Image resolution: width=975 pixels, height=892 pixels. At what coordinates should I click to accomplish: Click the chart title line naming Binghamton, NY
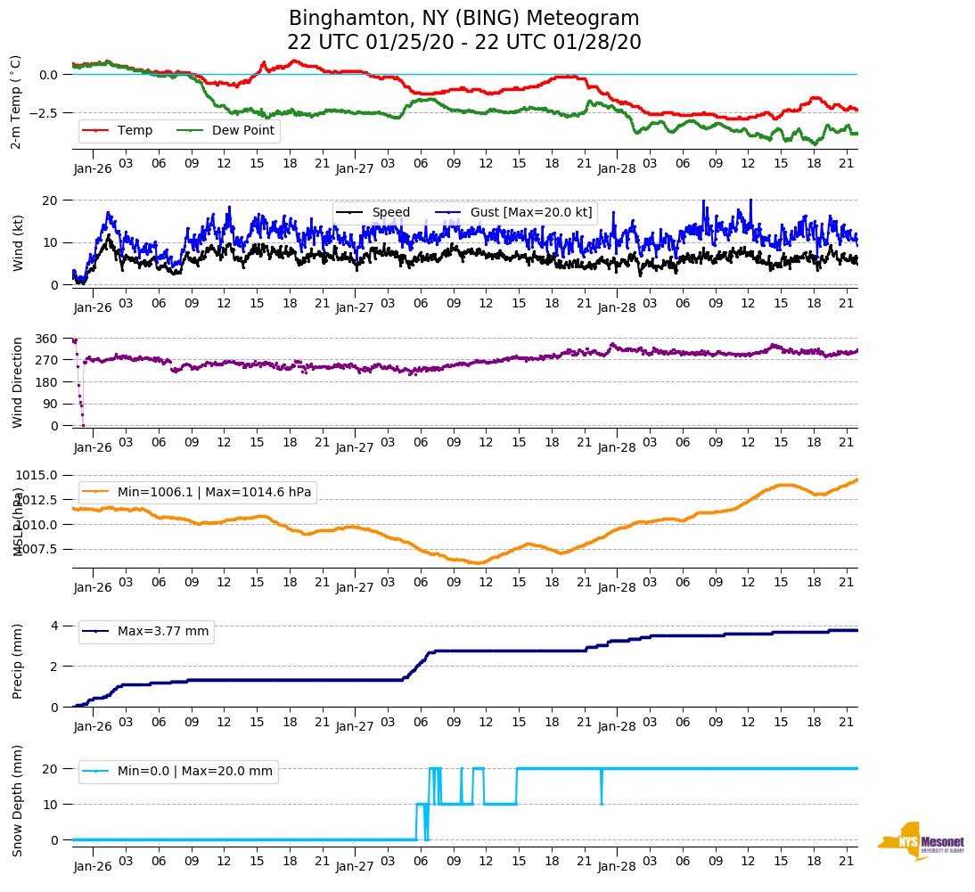pyautogui.click(x=463, y=19)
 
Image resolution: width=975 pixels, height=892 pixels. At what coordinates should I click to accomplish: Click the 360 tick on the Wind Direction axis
pyautogui.click(x=46, y=339)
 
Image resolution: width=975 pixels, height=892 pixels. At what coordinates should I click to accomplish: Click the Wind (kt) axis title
pyautogui.click(x=17, y=241)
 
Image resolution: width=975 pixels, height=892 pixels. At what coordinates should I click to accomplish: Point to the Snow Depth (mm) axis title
pyautogui.click(x=17, y=799)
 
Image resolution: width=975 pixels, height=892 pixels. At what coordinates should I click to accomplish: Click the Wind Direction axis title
pyautogui.click(x=17, y=381)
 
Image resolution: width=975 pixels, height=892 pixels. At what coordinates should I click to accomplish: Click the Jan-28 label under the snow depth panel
pyautogui.click(x=616, y=866)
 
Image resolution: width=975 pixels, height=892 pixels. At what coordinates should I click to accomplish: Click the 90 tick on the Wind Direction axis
pyautogui.click(x=52, y=404)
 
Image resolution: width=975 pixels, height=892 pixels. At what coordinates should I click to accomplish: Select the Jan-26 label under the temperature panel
pyautogui.click(x=93, y=168)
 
